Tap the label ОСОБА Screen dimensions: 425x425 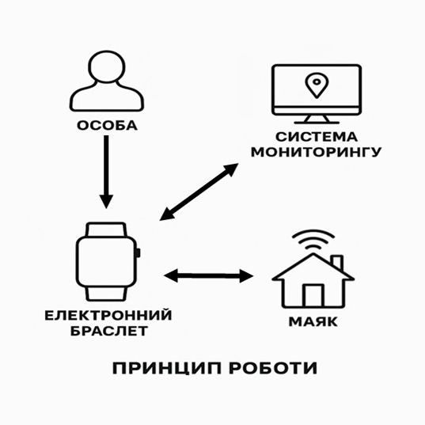(107, 126)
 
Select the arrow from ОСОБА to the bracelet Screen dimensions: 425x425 (106, 172)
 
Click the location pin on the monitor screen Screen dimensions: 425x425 (317, 85)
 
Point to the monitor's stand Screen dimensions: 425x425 (317, 120)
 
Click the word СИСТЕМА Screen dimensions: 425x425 (317, 137)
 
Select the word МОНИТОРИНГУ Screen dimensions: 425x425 (317, 152)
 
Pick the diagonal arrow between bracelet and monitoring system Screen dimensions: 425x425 (199, 192)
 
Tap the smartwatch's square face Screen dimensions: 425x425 (106, 262)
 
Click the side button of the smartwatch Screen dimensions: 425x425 (139, 252)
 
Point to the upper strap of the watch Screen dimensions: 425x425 (106, 230)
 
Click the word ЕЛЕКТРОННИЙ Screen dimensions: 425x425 (108, 316)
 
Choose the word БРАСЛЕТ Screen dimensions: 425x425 (109, 332)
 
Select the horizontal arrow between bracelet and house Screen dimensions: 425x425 (209, 276)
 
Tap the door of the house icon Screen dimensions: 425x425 (313, 295)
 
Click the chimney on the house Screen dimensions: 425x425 (337, 262)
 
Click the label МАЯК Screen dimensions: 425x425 (313, 322)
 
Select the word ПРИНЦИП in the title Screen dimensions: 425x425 (167, 368)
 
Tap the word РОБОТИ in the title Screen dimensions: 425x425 (273, 368)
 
